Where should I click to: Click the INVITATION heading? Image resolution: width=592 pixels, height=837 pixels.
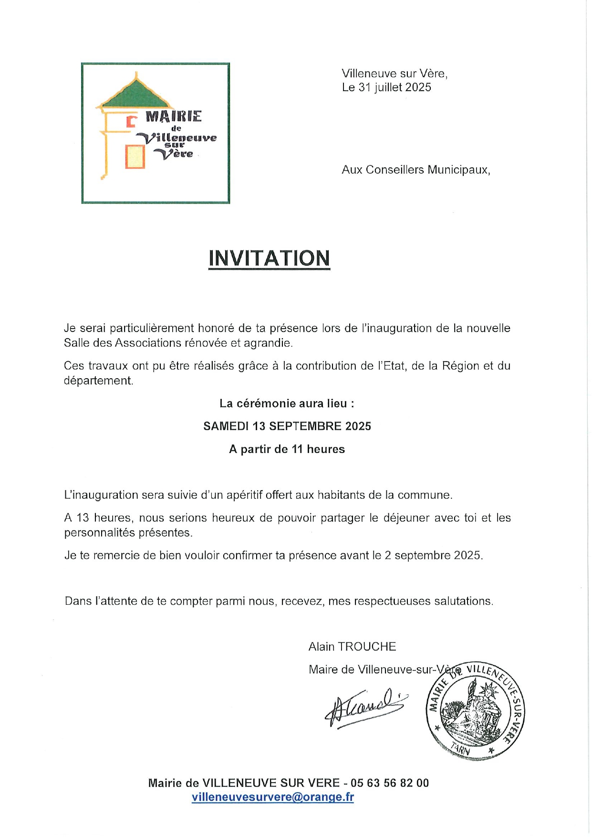[269, 258]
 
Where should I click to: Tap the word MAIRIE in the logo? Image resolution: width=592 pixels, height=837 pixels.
[174, 116]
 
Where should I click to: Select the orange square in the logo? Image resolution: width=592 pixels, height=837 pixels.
[135, 157]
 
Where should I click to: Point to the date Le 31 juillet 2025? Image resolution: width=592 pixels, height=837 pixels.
[386, 87]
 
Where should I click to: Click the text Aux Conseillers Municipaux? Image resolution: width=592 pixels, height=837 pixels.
[415, 170]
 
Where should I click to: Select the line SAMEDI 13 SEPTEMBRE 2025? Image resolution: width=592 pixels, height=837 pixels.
[287, 426]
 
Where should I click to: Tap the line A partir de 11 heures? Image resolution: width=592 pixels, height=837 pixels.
[287, 449]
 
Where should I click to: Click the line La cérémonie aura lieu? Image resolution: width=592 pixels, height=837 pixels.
[287, 403]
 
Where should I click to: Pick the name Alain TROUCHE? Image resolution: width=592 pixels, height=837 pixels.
[352, 647]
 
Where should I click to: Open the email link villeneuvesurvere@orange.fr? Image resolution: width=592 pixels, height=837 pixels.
[273, 797]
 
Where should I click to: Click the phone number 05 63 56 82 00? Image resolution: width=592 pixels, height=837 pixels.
[389, 783]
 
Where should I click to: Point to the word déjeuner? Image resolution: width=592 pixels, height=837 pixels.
[407, 518]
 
